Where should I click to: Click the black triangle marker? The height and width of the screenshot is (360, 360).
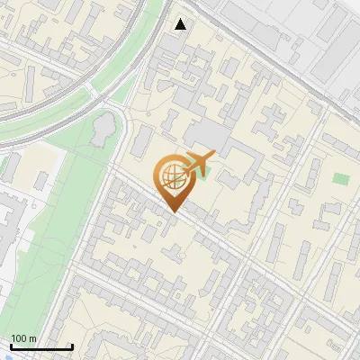click(182, 24)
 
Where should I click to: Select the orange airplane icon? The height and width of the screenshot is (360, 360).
click(198, 163)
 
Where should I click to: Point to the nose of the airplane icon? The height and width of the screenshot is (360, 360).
click(214, 157)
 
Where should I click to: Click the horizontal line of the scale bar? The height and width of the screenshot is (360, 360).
click(41, 347)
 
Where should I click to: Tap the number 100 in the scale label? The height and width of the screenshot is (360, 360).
click(20, 338)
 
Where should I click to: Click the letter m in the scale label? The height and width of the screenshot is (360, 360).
click(33, 338)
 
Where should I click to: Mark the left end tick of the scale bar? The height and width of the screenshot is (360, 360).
click(11, 346)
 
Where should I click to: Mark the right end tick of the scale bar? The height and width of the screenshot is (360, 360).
click(72, 346)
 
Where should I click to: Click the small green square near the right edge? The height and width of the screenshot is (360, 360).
click(339, 178)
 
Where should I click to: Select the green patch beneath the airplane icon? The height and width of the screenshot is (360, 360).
click(200, 173)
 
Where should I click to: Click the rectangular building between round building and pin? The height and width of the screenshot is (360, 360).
click(142, 140)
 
